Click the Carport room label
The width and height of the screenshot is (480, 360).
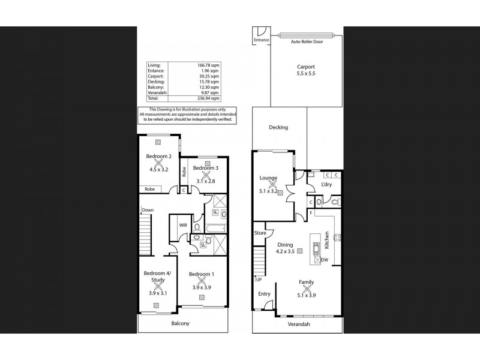(x=306, y=67)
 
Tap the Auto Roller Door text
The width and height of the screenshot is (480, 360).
(x=307, y=41)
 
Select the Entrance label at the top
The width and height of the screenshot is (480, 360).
(x=262, y=40)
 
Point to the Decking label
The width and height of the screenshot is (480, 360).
(x=278, y=127)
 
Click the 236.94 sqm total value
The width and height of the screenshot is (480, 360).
(x=208, y=98)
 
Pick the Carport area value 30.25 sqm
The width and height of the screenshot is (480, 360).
(x=209, y=76)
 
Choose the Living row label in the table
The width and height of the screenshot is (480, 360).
(x=154, y=65)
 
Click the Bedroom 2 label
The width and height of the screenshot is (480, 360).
(x=158, y=156)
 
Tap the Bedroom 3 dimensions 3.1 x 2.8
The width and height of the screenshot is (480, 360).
(x=206, y=181)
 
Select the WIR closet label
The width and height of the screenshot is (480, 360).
(x=183, y=226)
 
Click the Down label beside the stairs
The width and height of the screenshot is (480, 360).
(x=148, y=210)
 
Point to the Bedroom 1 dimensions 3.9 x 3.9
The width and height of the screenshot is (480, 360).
(x=202, y=287)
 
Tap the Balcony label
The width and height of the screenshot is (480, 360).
(x=181, y=323)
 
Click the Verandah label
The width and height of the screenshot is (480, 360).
(x=299, y=324)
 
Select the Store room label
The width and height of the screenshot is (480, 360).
(x=260, y=233)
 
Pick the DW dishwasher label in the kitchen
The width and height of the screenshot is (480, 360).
(x=325, y=260)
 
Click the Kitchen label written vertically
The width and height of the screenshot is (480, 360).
(x=326, y=240)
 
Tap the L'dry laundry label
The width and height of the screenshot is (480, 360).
(x=326, y=184)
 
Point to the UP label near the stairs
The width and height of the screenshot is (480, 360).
(x=259, y=280)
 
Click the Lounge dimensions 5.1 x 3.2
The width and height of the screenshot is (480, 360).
(x=268, y=191)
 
